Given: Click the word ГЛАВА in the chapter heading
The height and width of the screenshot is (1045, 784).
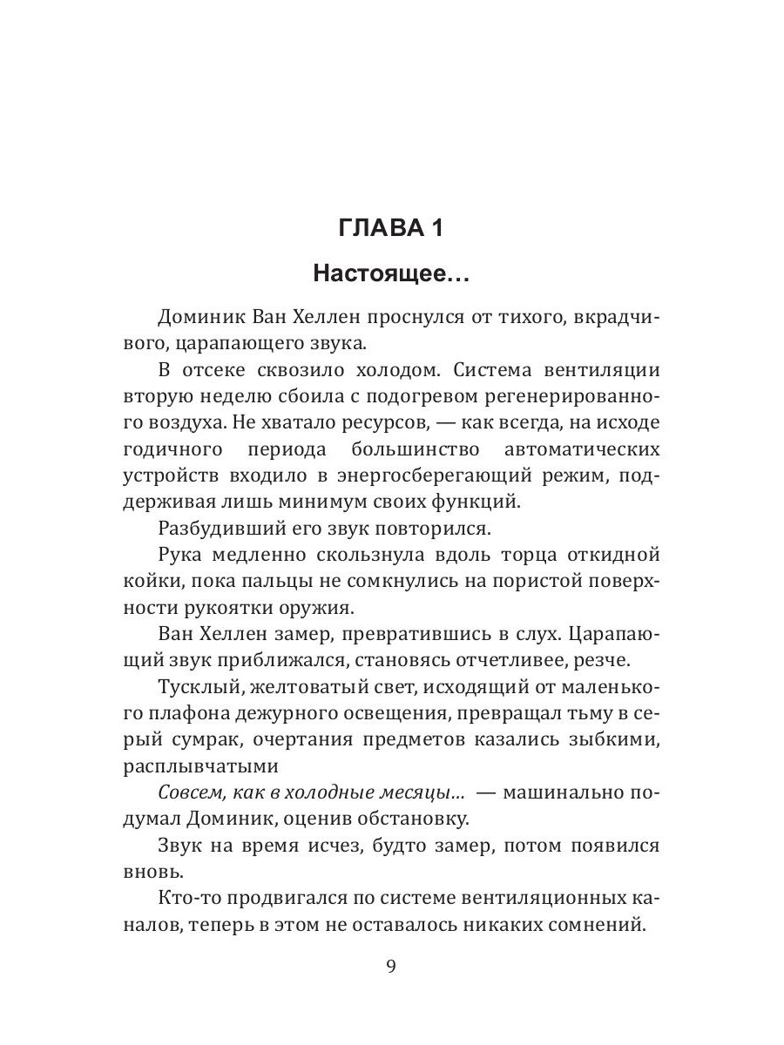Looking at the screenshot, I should [x=376, y=229].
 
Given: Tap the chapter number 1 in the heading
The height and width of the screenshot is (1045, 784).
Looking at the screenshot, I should [x=436, y=229].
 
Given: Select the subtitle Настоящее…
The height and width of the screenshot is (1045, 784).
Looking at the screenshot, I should [x=392, y=275].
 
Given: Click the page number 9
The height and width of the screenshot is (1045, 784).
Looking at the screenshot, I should [x=391, y=967].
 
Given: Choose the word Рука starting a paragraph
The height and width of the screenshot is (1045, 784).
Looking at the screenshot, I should [x=184, y=554].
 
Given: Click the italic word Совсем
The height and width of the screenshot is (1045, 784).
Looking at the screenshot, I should [x=188, y=792].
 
